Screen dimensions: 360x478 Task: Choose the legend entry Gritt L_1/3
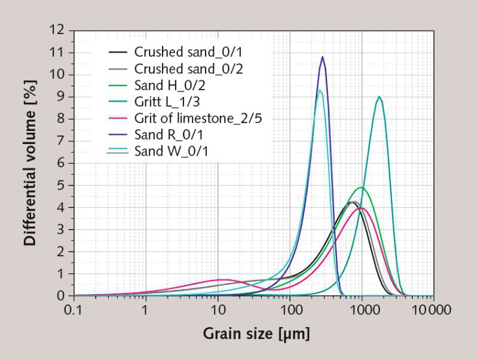[167, 101]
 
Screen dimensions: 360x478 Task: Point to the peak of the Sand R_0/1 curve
[323, 57]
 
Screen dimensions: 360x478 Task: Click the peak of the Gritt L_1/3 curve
[378, 96]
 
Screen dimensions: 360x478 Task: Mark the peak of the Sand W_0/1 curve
[320, 90]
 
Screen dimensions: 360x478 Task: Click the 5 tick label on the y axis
[62, 185]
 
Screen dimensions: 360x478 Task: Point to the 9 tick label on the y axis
[62, 96]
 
